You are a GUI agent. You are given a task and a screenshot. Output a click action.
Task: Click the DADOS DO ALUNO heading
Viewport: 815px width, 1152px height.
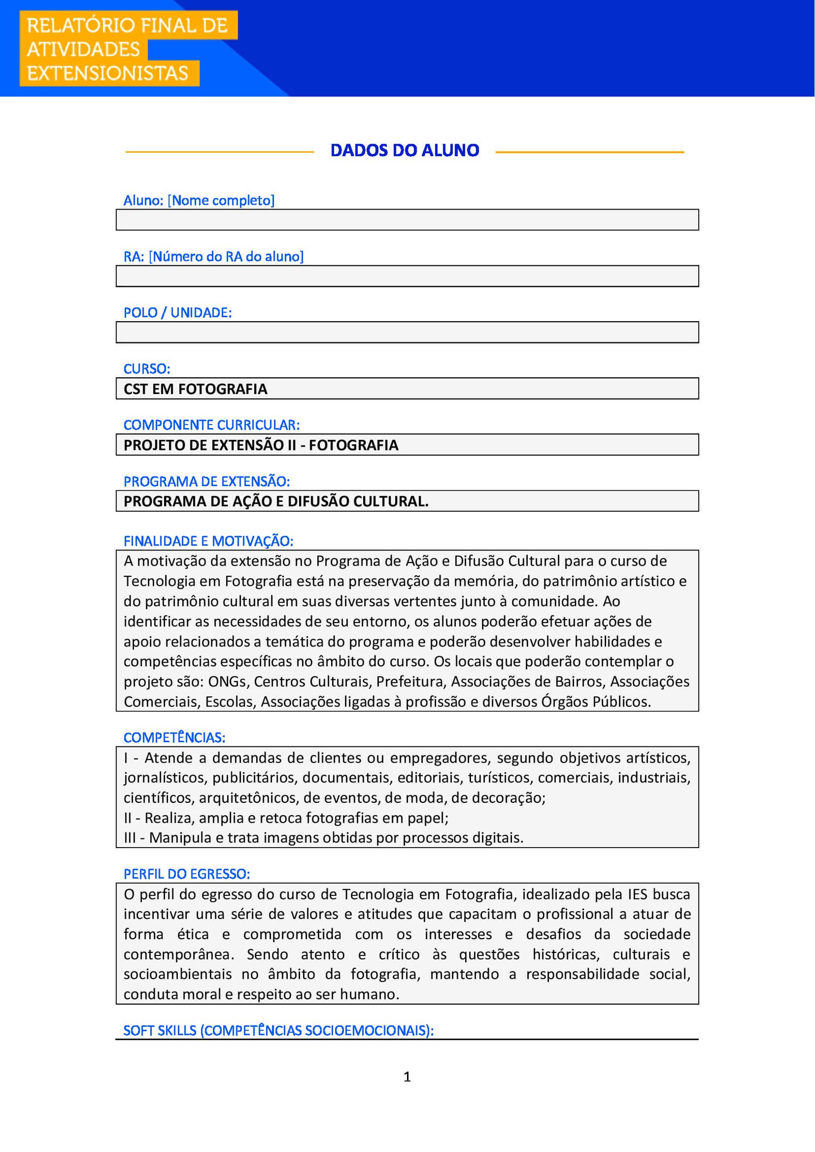point(404,150)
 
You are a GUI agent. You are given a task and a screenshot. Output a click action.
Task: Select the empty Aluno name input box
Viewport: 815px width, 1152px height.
point(407,220)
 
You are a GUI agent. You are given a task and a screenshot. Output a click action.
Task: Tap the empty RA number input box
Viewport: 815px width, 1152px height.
point(407,276)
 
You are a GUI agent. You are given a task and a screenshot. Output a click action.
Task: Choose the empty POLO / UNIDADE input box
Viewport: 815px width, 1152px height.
point(407,332)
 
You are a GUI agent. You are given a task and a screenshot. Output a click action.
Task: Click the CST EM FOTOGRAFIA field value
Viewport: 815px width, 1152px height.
point(195,389)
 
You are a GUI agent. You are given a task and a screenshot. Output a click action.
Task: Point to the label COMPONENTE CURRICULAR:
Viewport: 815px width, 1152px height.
point(211,425)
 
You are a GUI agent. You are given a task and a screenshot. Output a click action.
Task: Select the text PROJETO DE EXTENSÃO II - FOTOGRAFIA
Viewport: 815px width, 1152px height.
point(261,445)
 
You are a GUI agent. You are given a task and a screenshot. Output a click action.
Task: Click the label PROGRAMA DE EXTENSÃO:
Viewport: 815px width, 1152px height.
point(206,481)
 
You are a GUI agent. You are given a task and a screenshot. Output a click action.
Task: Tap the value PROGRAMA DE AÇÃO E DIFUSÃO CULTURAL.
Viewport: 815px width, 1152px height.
point(276,501)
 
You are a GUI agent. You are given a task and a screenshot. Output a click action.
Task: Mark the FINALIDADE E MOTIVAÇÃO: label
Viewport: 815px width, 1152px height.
point(208,541)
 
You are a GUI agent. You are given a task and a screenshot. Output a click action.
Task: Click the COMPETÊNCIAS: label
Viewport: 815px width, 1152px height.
point(174,737)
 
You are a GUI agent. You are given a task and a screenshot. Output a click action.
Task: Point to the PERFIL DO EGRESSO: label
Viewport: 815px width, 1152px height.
point(186,874)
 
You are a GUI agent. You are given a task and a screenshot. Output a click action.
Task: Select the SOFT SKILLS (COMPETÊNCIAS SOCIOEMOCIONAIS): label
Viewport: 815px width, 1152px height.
point(278,1030)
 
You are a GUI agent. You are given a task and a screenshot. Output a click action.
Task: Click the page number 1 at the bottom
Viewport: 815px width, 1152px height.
point(407,1077)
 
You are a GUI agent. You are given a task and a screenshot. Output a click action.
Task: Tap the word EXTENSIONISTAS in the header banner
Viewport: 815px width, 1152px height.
point(107,73)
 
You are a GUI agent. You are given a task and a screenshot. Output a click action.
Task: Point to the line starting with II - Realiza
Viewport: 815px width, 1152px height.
point(286,818)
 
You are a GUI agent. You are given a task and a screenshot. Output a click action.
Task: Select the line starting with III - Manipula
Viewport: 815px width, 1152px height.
point(323,837)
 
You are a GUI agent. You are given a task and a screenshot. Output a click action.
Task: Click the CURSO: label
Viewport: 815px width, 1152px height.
point(147,369)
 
